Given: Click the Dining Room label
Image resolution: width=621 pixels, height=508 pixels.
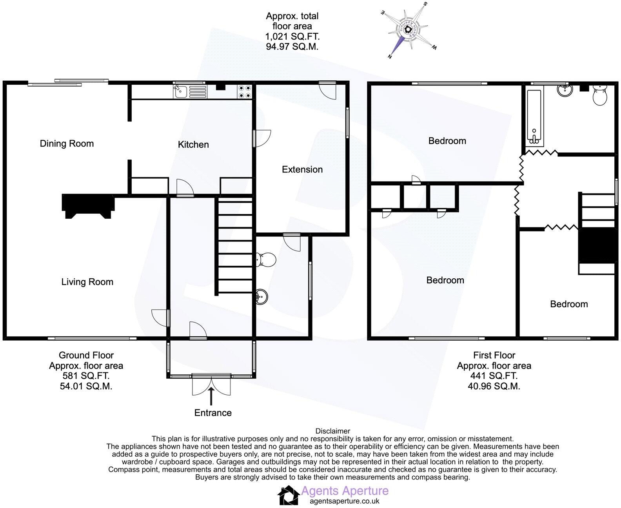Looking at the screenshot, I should tap(67, 143).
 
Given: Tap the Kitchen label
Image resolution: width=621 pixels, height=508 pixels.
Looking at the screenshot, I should tap(193, 145).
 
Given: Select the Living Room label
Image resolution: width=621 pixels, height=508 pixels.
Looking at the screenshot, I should tap(87, 282).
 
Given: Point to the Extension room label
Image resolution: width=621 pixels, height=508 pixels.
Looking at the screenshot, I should tap(302, 169).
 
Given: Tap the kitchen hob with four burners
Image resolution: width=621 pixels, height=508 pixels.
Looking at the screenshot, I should tap(245, 92).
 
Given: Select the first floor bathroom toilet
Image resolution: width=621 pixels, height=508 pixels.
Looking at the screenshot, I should tap(599, 94).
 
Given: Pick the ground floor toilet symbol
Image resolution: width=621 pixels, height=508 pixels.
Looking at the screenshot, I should tap(266, 259).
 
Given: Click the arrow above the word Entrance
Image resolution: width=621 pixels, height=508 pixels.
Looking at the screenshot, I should tap(212, 396).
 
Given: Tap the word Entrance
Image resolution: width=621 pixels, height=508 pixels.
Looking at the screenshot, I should tap(213, 413).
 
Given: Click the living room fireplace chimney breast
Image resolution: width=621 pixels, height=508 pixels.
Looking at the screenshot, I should tap(88, 206).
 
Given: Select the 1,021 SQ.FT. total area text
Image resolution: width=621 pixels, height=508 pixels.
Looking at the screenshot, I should tap(292, 36).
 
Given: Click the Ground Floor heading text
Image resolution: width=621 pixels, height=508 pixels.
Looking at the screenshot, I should tap(86, 355).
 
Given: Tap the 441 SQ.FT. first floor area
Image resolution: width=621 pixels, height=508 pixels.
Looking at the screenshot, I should tap(494, 376).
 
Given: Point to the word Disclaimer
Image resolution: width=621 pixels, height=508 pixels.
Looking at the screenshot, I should tap(332, 431).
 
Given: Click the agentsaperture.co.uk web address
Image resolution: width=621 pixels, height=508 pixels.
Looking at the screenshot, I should tap(345, 501).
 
